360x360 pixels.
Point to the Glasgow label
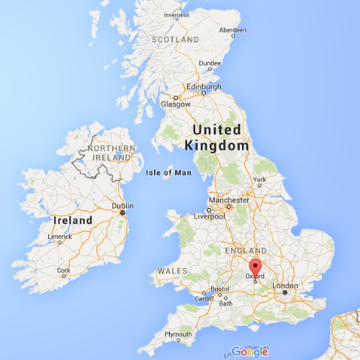[x=176, y=104]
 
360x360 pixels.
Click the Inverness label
[x=176, y=14]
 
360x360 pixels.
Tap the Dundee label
[x=210, y=63]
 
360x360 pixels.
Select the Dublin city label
[x=123, y=205]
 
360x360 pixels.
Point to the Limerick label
[x=59, y=236]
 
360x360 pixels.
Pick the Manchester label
[x=229, y=199]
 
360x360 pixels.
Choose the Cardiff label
[x=204, y=299]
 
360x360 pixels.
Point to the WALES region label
[x=172, y=270]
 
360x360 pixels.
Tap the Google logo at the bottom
[x=250, y=351]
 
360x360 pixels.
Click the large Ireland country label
[x=72, y=220]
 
